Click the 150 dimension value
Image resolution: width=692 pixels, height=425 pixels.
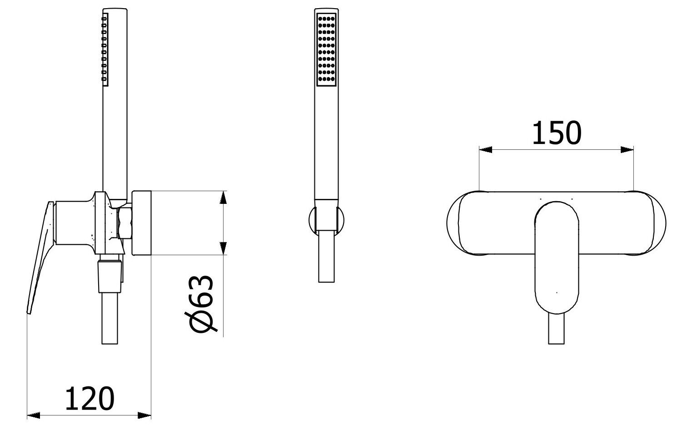tap(557, 133)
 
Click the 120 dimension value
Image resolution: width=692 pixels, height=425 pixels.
tap(90, 399)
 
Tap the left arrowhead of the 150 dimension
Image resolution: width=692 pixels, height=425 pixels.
tap(486, 149)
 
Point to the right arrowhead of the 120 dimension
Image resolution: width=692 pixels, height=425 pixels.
tap(145, 415)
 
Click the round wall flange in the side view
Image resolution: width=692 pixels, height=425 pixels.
tap(141, 222)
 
